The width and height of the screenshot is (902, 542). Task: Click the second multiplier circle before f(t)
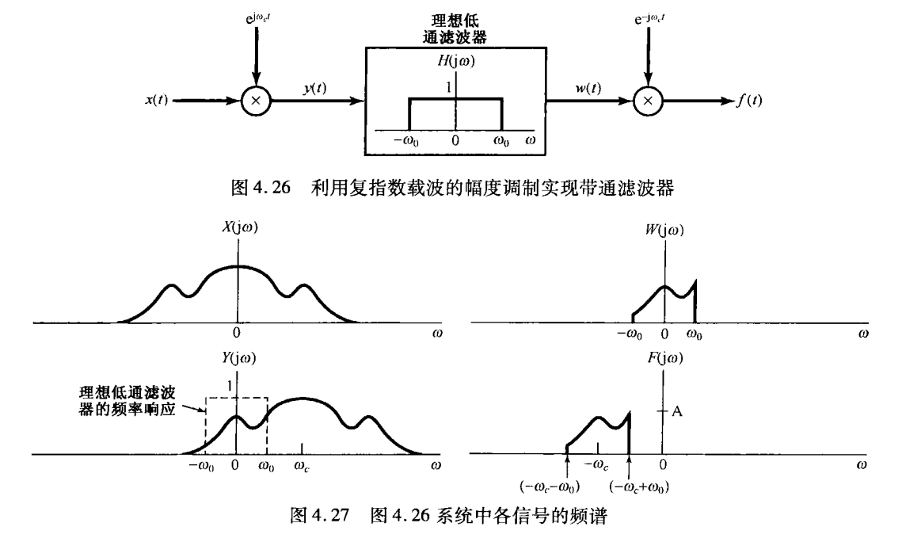pos(648,101)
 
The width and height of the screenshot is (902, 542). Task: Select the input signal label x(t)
pos(156,101)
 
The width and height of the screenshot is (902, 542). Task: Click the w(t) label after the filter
pos(588,88)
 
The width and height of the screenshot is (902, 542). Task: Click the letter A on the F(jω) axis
pos(677,410)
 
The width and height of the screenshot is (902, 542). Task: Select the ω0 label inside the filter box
pos(502,139)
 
